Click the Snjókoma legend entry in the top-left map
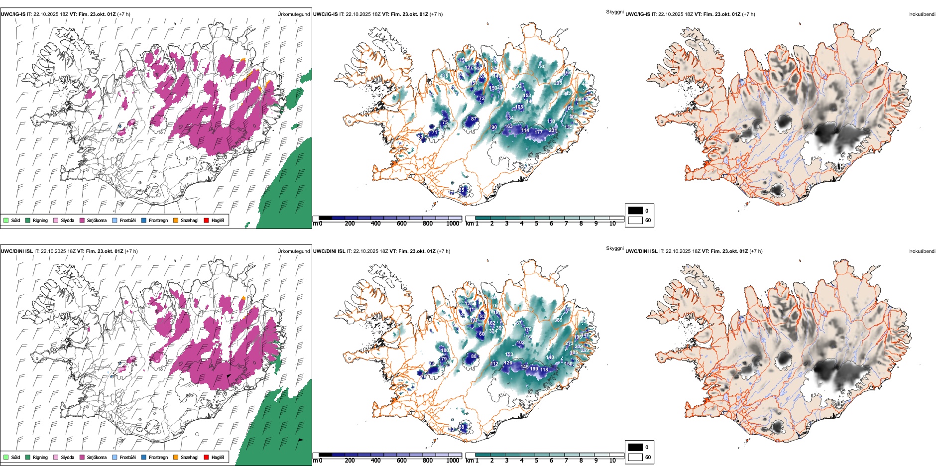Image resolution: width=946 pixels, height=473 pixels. coord(97,220)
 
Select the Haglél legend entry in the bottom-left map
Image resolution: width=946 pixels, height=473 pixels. coord(218,457)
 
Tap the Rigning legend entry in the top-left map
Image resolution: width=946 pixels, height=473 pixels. coord(40,220)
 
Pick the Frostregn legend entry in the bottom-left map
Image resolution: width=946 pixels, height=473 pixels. coord(158,457)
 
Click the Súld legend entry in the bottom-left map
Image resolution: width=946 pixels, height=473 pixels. coord(15,457)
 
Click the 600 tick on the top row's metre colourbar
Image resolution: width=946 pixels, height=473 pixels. coord(402,224)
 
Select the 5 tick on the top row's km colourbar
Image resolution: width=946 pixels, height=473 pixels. coord(536,224)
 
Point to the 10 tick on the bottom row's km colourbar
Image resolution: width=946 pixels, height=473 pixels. coord(612,461)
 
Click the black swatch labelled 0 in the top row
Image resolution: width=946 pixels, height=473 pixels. coord(635,211)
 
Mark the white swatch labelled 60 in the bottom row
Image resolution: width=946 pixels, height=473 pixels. coord(635,457)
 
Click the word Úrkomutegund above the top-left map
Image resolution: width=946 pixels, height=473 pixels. coord(293,14)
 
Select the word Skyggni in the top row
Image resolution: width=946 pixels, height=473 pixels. coord(614,11)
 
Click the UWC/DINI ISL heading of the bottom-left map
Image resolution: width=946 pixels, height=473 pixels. coord(16,251)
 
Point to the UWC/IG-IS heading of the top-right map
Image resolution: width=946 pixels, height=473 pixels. coord(638,14)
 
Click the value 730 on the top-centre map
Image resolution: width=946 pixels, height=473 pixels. coord(541,66)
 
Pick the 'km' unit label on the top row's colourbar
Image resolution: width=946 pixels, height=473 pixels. coord(469,224)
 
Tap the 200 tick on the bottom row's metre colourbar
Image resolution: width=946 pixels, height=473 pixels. coord(350,461)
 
